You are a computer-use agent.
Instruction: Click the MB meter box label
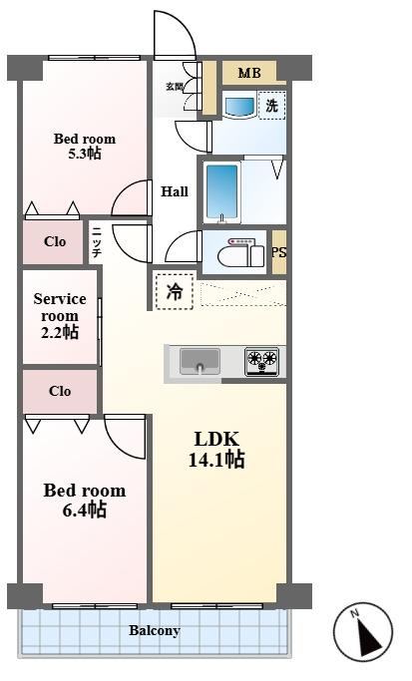249,73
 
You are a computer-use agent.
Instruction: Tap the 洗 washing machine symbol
272,105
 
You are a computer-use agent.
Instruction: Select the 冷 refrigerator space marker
175,291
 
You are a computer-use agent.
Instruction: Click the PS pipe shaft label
279,252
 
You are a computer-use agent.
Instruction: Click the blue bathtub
222,192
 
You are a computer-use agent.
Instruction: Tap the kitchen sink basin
200,361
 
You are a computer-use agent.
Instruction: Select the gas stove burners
262,361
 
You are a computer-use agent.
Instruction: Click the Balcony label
155,630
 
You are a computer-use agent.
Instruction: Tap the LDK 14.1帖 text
216,450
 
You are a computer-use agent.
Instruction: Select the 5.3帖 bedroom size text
85,153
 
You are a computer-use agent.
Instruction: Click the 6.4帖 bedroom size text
85,510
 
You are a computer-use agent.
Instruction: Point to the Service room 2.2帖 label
60,315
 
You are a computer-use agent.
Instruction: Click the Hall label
175,191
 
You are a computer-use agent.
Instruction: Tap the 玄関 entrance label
175,87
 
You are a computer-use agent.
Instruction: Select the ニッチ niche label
97,242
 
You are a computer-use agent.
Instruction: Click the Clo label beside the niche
55,241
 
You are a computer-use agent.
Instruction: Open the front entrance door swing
175,35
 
